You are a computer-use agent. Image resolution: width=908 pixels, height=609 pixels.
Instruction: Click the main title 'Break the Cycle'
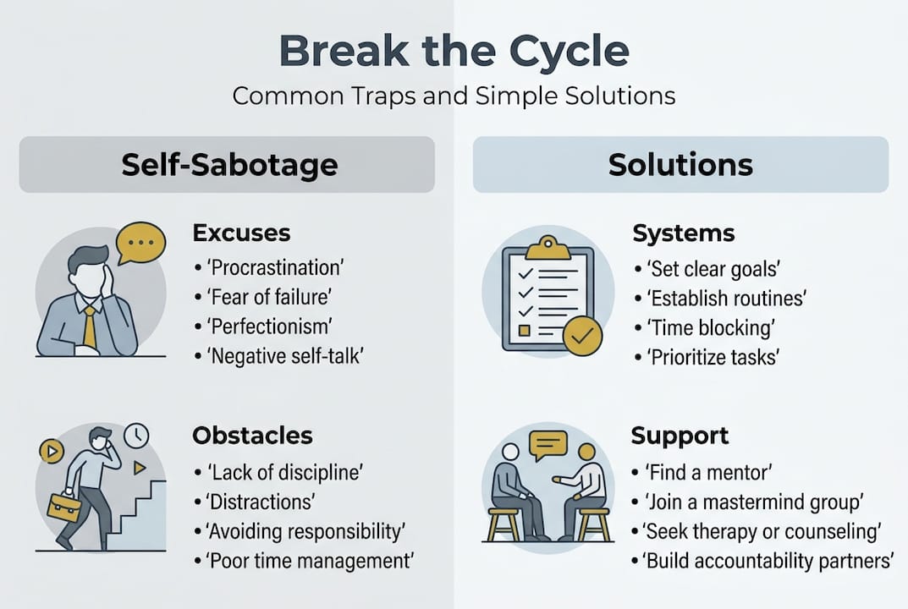point(454,52)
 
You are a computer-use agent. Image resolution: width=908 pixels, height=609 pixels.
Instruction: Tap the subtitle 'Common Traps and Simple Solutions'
point(454,96)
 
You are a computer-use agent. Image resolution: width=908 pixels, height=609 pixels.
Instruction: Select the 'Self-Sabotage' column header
point(228,164)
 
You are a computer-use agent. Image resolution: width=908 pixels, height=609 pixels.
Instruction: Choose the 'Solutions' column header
point(680,164)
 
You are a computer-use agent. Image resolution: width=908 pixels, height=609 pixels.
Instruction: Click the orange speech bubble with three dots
point(140,242)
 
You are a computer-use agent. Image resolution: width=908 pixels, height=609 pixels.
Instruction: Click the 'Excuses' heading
point(241,233)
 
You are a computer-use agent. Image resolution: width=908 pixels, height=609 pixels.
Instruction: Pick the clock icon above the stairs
point(136,436)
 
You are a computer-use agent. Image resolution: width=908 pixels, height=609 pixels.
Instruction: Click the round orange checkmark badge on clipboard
point(582,336)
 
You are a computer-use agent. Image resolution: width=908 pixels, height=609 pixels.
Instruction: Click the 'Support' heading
point(680,436)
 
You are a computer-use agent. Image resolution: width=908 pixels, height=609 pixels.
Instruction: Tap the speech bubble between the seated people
point(548,445)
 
